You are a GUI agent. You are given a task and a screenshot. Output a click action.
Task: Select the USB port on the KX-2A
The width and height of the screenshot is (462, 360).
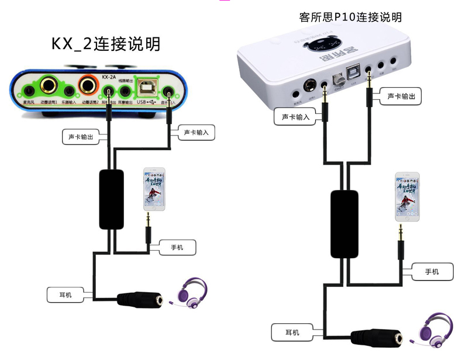pos(146,88)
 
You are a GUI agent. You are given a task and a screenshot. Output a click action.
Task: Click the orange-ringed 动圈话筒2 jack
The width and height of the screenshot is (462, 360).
pos(89,86)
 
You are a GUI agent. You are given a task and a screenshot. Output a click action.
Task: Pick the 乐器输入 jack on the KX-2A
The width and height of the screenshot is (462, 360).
pos(69,91)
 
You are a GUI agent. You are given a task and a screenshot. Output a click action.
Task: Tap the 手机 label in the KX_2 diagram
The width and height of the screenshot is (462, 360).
pos(177,247)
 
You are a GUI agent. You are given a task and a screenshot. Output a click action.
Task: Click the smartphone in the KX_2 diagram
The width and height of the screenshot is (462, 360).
pos(154,189)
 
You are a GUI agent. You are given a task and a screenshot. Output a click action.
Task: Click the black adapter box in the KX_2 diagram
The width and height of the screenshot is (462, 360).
pos(111,199)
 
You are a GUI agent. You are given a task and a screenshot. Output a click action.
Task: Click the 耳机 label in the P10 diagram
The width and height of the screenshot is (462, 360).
pos(292,333)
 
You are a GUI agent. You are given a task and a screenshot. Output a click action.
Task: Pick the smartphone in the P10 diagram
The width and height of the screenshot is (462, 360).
pos(407,196)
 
